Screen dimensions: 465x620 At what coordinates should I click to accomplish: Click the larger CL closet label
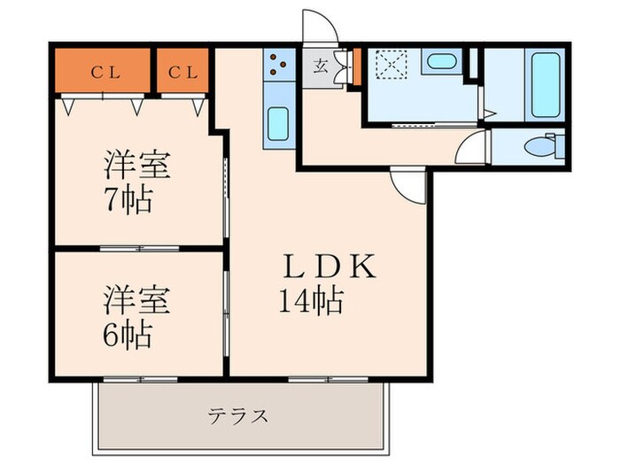pyautogui.click(x=103, y=73)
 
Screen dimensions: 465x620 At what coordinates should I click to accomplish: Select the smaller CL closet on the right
pyautogui.click(x=183, y=73)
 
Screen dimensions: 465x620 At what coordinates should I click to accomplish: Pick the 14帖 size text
pyautogui.click(x=310, y=303)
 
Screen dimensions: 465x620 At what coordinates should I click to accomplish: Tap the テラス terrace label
pyautogui.click(x=238, y=415)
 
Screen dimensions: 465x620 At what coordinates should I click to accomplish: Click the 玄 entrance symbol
pyautogui.click(x=320, y=64)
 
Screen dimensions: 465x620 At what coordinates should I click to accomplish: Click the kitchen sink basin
pyautogui.click(x=278, y=124)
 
